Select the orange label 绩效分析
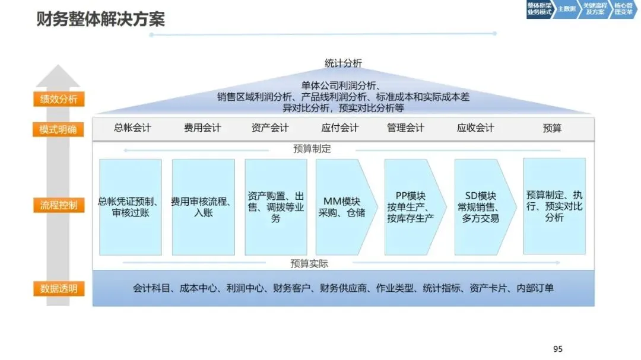pyautogui.click(x=59, y=99)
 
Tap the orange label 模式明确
pyautogui.click(x=59, y=130)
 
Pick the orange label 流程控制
pyautogui.click(x=59, y=206)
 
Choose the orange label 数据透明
pyautogui.click(x=59, y=289)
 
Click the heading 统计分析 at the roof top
pyautogui.click(x=343, y=63)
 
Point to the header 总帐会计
pyautogui.click(x=132, y=128)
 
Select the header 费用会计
pyautogui.click(x=202, y=128)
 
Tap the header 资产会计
pyautogui.click(x=270, y=128)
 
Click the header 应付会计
pyautogui.click(x=340, y=128)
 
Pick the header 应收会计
pyautogui.click(x=475, y=128)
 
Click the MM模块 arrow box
pyautogui.click(x=343, y=207)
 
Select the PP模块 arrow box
pyautogui.click(x=412, y=207)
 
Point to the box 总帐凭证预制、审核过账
pyautogui.click(x=131, y=207)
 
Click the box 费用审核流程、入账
pyautogui.click(x=203, y=207)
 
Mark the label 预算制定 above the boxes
pyautogui.click(x=312, y=149)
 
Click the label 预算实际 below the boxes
pyautogui.click(x=309, y=263)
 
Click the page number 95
pyautogui.click(x=557, y=349)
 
